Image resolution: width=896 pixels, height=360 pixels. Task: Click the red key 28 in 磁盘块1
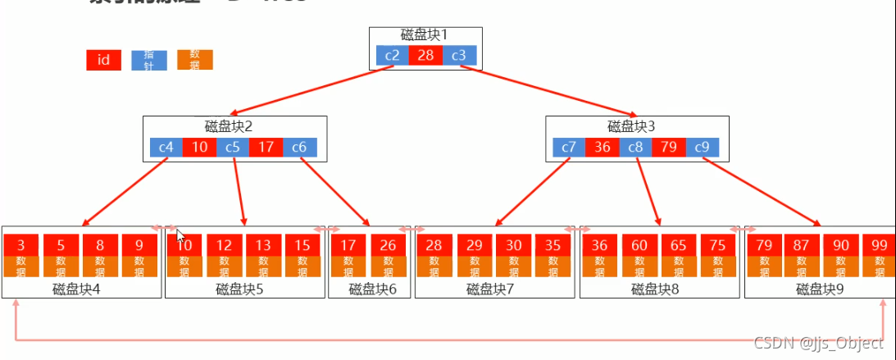(x=425, y=55)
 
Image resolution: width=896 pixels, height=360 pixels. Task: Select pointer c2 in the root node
(x=392, y=55)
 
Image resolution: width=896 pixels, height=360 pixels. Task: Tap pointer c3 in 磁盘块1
(x=459, y=55)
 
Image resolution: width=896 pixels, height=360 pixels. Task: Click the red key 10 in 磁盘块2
(x=199, y=148)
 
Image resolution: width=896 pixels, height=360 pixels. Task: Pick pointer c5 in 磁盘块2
(x=233, y=148)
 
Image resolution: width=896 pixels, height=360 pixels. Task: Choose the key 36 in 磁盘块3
(x=602, y=148)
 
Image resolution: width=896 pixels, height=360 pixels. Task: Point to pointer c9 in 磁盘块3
(x=702, y=148)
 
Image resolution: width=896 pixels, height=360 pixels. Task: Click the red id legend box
(x=103, y=60)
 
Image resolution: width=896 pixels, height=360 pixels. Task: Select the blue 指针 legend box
(x=149, y=60)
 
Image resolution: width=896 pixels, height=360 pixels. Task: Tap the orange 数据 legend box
(x=195, y=60)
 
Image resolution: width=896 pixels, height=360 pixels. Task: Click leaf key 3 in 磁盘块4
(x=20, y=245)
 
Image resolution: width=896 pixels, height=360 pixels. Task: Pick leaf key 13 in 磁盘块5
(x=262, y=245)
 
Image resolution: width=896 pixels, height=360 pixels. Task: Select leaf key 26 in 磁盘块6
(x=387, y=245)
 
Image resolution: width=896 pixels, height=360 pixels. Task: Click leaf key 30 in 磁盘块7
(x=512, y=245)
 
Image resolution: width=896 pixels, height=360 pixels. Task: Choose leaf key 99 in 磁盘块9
(x=879, y=245)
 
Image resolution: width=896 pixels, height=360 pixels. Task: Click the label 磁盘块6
(x=373, y=289)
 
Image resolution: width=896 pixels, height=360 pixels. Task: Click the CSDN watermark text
(x=818, y=343)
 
